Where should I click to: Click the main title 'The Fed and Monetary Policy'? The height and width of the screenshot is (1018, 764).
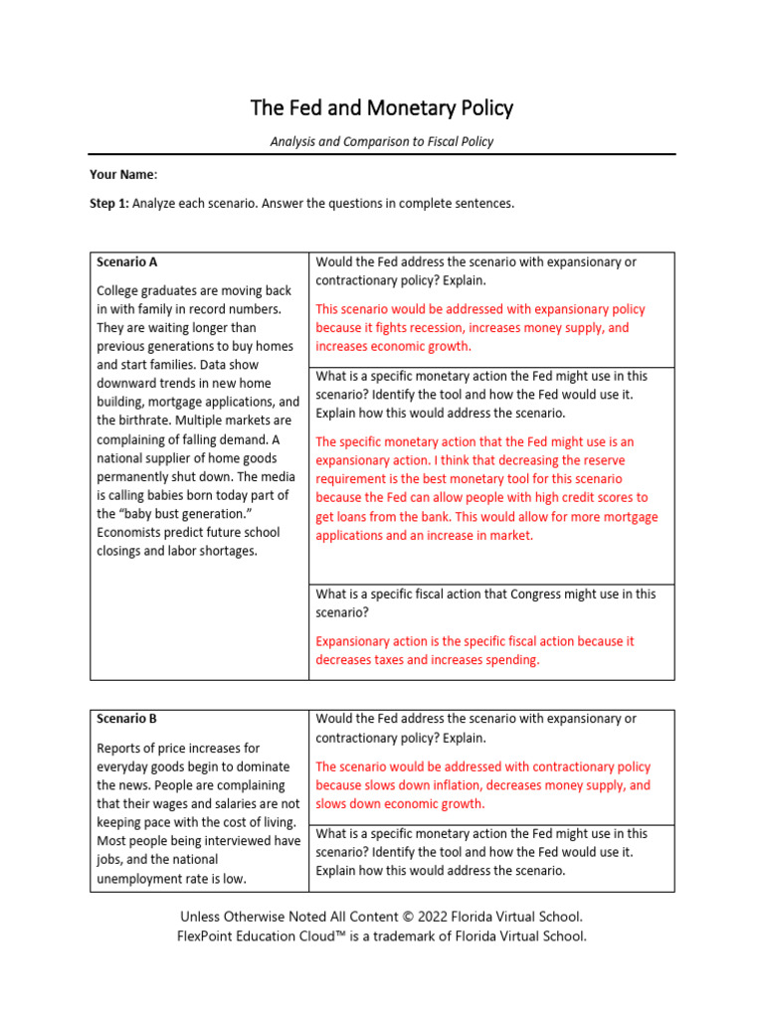pyautogui.click(x=381, y=107)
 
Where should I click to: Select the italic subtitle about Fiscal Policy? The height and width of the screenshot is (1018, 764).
pyautogui.click(x=381, y=142)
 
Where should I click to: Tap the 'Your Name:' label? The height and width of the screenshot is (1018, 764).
pyautogui.click(x=123, y=175)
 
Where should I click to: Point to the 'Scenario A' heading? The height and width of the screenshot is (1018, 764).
pyautogui.click(x=127, y=262)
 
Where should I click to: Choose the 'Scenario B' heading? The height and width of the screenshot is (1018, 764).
pyautogui.click(x=127, y=719)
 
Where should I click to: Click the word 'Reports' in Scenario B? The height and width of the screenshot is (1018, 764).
pyautogui.click(x=120, y=748)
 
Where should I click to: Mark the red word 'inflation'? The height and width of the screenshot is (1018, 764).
pyautogui.click(x=465, y=785)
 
